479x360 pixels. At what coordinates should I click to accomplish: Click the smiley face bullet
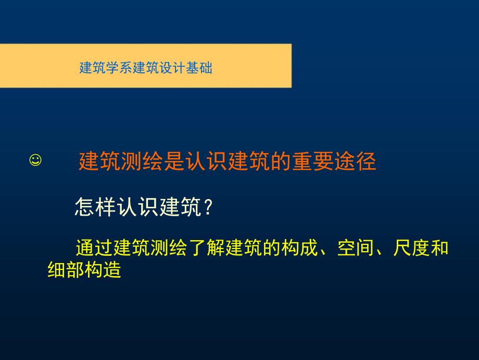35,160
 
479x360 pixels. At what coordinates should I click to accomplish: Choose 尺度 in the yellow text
412,248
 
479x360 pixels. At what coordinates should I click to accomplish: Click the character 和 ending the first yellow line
440,248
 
